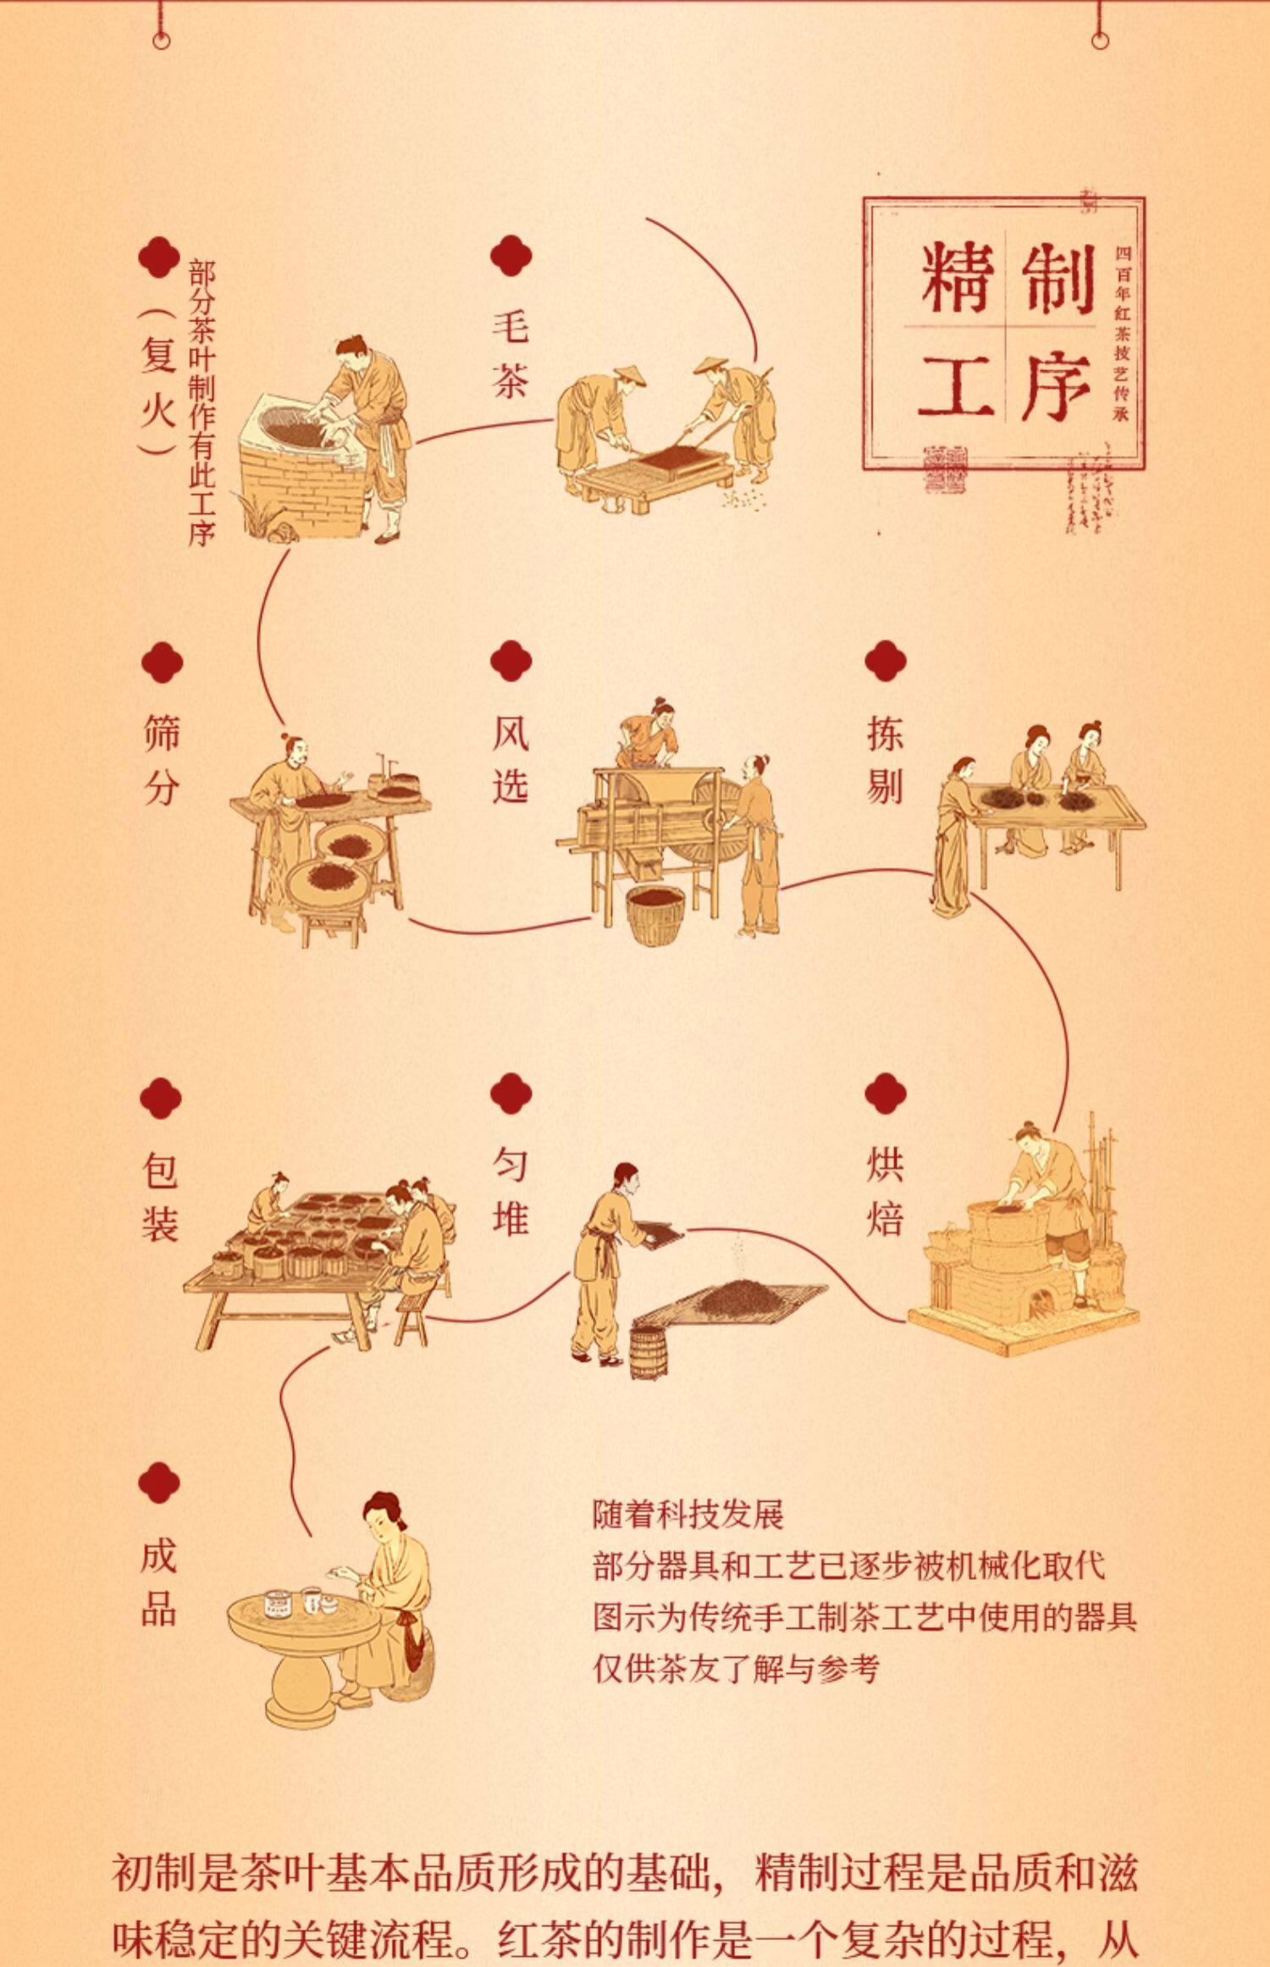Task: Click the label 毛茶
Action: coord(511,354)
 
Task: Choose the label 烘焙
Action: coord(885,1190)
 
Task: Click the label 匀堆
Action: coord(511,1190)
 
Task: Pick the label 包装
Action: coord(160,1196)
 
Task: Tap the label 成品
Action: coord(159,1582)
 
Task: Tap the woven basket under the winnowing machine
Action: coord(655,913)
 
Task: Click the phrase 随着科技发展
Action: coord(687,1513)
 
